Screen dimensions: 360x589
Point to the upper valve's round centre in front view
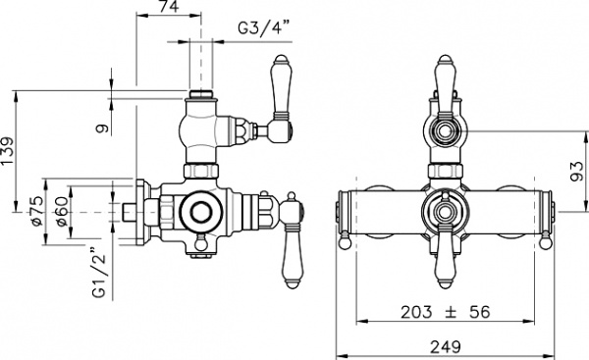pos(446,129)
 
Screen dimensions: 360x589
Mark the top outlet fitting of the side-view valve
pos(201,98)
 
